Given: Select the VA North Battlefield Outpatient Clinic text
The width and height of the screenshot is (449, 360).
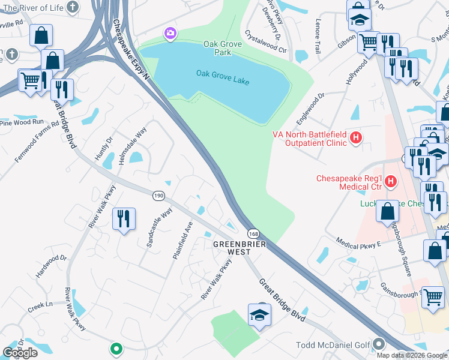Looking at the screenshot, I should tap(310, 139).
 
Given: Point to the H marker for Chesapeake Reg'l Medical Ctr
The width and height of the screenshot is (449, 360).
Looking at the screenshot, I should tap(390, 180).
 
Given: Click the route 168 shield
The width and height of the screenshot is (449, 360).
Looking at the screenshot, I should tap(252, 233).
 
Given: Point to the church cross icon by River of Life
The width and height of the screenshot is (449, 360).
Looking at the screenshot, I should tap(72, 7).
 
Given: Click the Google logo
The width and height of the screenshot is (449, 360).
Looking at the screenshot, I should tap(20, 353).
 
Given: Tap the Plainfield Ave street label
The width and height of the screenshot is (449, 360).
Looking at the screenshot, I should tap(182, 241).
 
